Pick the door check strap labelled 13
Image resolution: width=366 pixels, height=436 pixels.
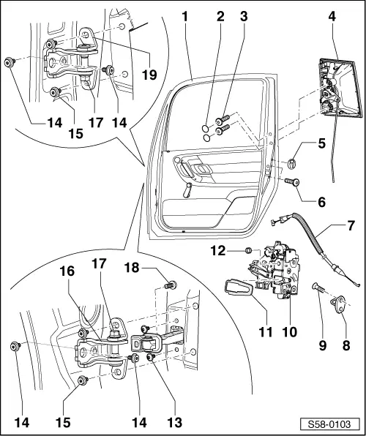156,345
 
